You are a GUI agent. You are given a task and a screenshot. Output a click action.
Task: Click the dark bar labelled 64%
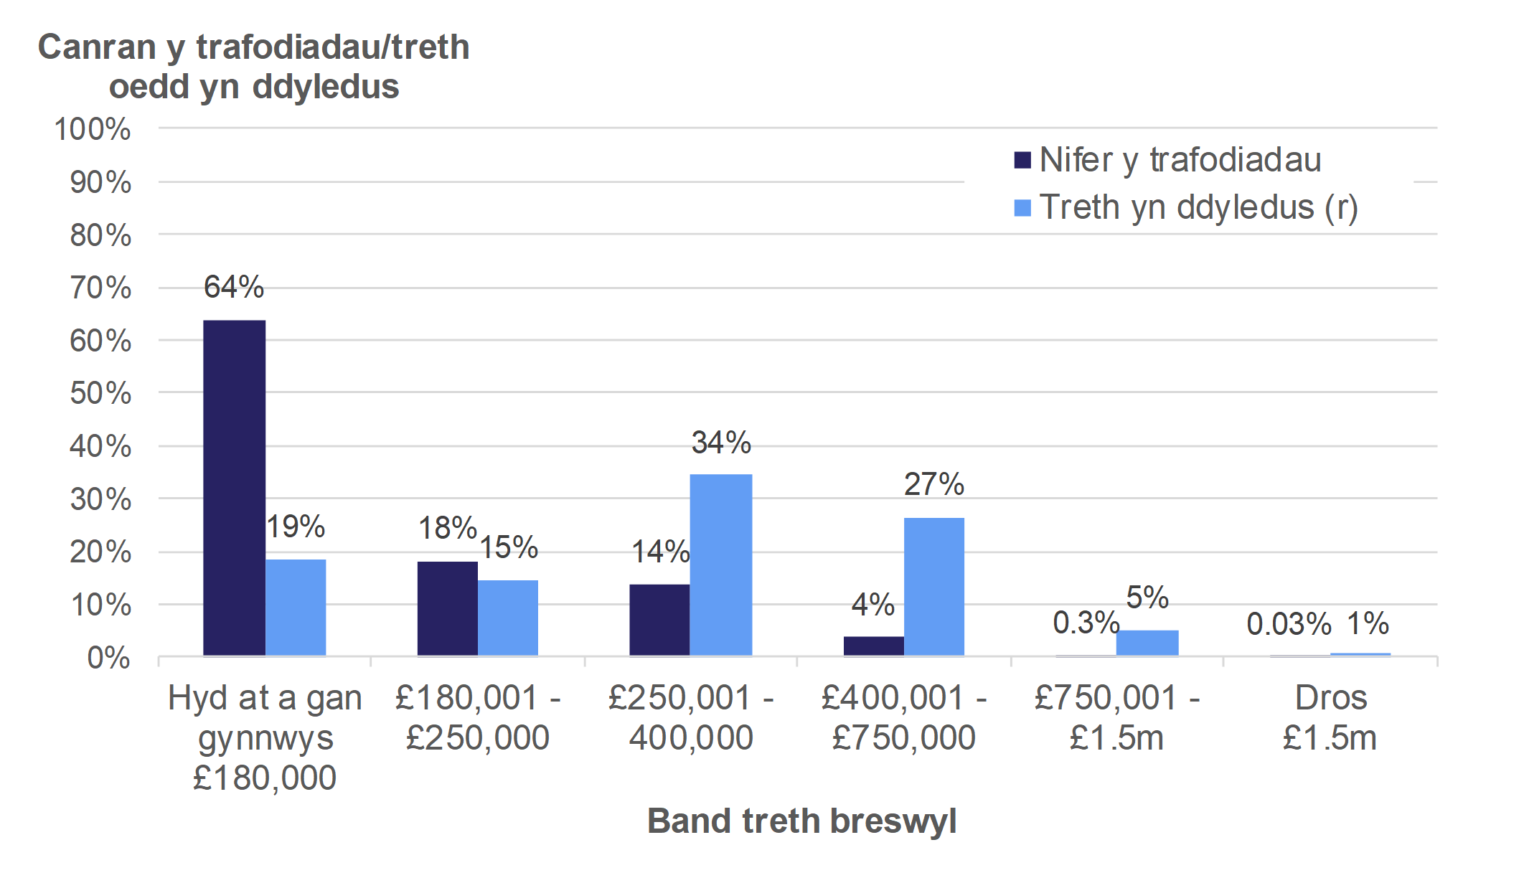[234, 488]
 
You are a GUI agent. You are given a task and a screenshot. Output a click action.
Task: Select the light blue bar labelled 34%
[720, 565]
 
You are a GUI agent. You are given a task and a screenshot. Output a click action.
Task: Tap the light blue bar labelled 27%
[933, 586]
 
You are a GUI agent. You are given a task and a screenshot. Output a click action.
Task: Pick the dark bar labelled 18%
[447, 608]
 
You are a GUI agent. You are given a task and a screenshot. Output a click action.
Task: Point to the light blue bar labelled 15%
[507, 618]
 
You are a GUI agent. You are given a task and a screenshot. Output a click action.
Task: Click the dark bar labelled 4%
[873, 646]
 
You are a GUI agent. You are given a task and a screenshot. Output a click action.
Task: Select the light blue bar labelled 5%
[1147, 643]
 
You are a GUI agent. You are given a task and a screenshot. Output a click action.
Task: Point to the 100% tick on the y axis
[93, 130]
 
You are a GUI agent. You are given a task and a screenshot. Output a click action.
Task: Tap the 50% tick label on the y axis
[100, 393]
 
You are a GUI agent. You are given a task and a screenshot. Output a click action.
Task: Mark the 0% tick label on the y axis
[108, 658]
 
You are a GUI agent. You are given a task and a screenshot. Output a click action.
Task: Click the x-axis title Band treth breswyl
[801, 821]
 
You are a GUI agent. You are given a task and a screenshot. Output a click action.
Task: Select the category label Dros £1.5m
[1330, 717]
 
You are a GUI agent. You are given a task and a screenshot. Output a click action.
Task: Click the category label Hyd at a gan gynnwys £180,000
[265, 737]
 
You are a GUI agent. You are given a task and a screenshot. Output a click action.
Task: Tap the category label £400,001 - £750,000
[903, 717]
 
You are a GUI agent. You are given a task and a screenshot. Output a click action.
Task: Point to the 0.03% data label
[1289, 624]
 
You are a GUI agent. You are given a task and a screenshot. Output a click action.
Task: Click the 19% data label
[296, 527]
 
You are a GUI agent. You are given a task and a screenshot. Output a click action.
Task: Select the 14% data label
[659, 552]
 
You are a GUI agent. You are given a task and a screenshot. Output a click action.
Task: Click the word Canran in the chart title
[97, 48]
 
